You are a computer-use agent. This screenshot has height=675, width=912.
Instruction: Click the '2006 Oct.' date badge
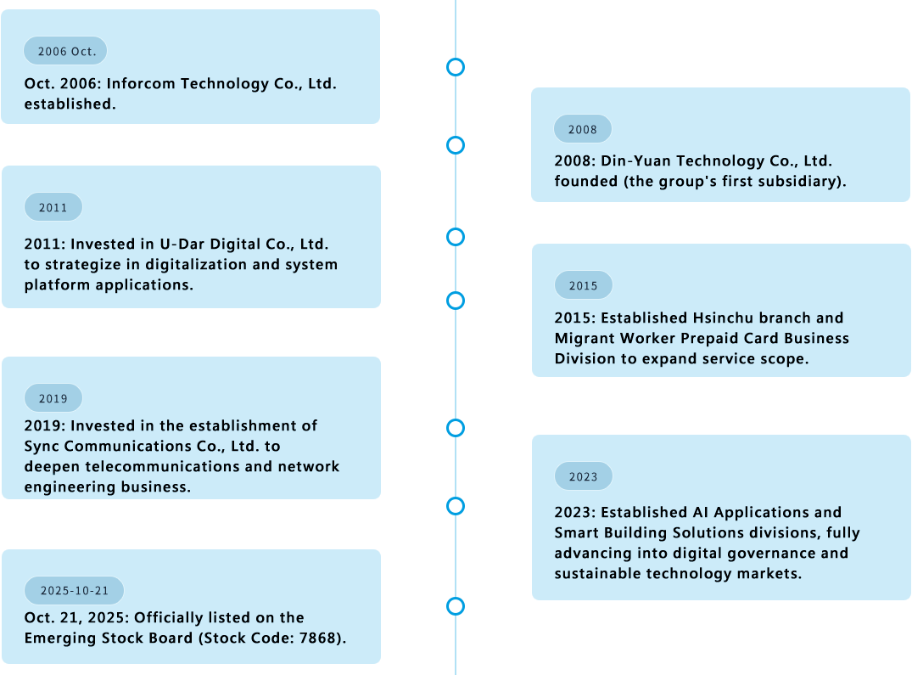point(65,51)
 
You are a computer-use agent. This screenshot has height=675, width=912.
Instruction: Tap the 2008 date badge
point(583,129)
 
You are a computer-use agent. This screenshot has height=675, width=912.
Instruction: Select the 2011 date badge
point(53,207)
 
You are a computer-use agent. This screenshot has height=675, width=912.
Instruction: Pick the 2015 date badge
point(583,285)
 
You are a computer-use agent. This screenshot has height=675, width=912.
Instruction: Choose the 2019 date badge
point(53,398)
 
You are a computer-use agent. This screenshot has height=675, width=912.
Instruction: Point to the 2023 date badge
point(583,476)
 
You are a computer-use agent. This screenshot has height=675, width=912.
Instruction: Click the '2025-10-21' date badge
point(75,590)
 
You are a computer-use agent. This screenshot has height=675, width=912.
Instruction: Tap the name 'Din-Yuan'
point(635,161)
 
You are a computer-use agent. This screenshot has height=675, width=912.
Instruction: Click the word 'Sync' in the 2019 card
point(42,447)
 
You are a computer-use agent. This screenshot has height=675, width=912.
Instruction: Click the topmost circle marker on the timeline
point(456,67)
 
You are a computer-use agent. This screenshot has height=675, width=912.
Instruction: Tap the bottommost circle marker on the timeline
point(456,606)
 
